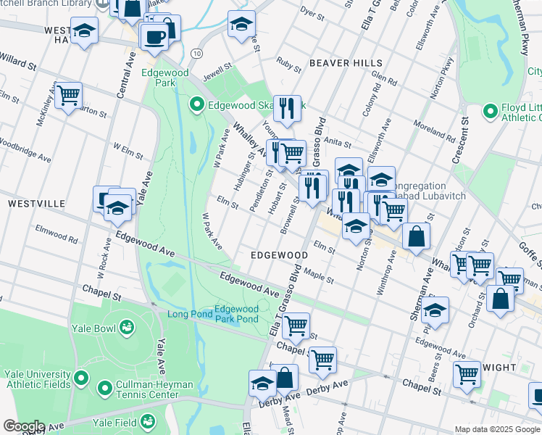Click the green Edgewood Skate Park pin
tap(196, 106)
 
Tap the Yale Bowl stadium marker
tap(128, 328)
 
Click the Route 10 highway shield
tap(196, 54)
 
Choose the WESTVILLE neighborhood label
tap(36, 204)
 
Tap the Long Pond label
tap(190, 314)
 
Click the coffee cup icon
tap(154, 36)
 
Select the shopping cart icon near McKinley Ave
tap(68, 95)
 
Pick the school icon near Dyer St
tap(241, 25)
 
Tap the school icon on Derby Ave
tap(262, 384)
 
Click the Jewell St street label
tap(217, 70)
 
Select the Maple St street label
tap(318, 276)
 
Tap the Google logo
tap(24, 427)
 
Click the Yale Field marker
tap(148, 420)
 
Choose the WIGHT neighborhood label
tap(499, 368)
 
